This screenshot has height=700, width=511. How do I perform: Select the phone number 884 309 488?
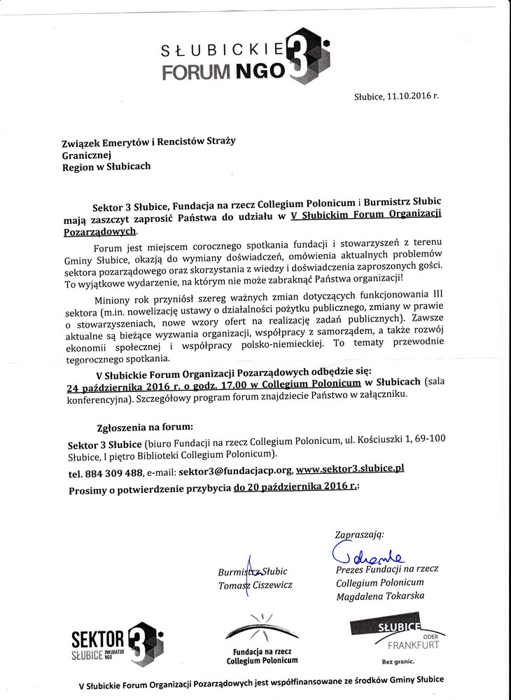113,472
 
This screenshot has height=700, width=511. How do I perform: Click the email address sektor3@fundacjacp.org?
235,472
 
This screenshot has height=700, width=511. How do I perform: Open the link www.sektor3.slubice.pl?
350,470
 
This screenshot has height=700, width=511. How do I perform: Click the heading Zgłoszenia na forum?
144,426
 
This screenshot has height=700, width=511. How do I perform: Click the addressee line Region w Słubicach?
106,167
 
